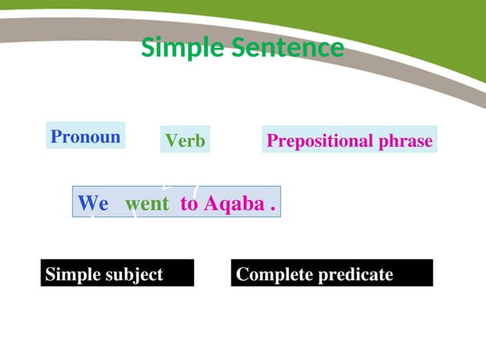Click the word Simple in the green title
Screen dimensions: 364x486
(x=174, y=49)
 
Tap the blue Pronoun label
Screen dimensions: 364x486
(x=85, y=137)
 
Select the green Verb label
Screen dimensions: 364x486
(x=185, y=141)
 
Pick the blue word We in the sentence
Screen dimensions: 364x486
(x=93, y=204)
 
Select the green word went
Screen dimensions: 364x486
(x=147, y=204)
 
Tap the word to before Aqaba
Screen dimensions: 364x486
(x=189, y=204)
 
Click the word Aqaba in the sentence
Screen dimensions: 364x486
(x=232, y=204)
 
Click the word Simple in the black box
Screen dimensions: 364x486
(x=72, y=274)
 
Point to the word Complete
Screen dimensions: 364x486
(x=272, y=274)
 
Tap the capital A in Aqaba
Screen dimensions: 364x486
(x=210, y=204)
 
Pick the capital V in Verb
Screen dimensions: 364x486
(x=171, y=141)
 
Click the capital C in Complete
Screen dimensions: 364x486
(x=242, y=274)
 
